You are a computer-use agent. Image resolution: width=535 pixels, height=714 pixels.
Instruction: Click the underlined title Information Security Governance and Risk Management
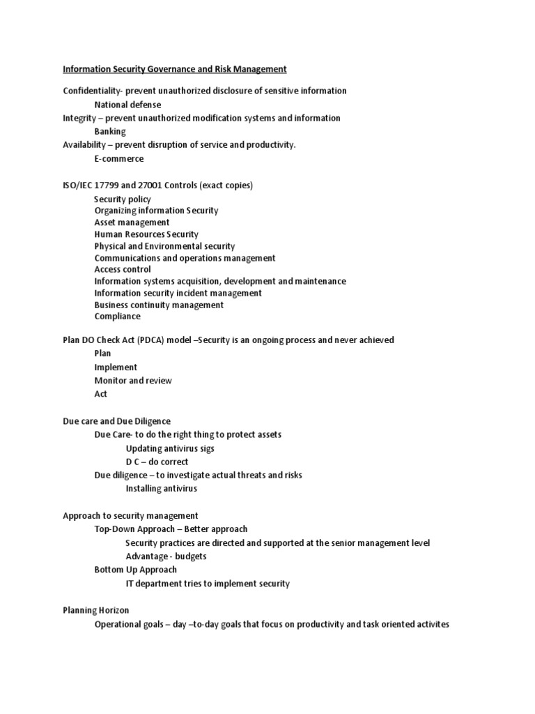click(175, 69)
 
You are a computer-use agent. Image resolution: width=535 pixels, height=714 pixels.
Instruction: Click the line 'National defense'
click(128, 105)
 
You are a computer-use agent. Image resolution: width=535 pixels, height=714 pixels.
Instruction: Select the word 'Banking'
click(110, 131)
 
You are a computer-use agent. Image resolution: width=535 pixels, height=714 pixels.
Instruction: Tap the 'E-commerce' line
click(119, 158)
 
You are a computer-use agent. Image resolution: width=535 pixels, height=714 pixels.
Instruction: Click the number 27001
click(141, 185)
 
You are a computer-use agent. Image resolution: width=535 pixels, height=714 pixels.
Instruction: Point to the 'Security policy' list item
click(123, 199)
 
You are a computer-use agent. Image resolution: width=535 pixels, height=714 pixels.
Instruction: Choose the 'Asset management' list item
click(132, 222)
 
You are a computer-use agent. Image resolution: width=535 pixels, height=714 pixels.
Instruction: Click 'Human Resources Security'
click(146, 234)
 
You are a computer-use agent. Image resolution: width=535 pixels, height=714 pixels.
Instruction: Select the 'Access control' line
click(123, 269)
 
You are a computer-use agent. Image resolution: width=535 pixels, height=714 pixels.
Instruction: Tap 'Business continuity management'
click(159, 305)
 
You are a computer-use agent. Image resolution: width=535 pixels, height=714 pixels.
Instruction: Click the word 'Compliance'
click(117, 316)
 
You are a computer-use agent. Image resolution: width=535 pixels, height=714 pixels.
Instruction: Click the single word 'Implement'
click(116, 367)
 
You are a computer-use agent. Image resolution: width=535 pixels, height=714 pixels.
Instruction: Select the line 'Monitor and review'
click(132, 381)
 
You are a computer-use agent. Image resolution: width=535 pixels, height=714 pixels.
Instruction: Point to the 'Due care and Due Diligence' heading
click(116, 421)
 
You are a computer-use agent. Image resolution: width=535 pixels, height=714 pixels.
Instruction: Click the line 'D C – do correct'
click(157, 462)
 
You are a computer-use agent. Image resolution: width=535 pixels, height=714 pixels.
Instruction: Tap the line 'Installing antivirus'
click(161, 488)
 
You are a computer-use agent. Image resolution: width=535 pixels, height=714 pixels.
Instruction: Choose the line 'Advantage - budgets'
click(166, 556)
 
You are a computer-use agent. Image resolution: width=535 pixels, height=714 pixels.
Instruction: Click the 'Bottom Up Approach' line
click(136, 570)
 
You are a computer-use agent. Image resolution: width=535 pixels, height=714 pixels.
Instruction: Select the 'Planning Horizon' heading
click(96, 611)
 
